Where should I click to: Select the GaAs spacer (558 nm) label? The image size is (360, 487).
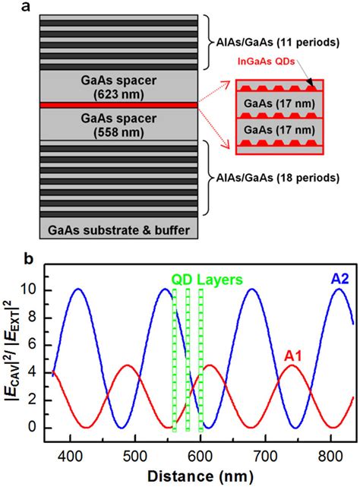tap(117, 125)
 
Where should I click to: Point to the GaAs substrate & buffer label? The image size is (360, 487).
tap(117, 227)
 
